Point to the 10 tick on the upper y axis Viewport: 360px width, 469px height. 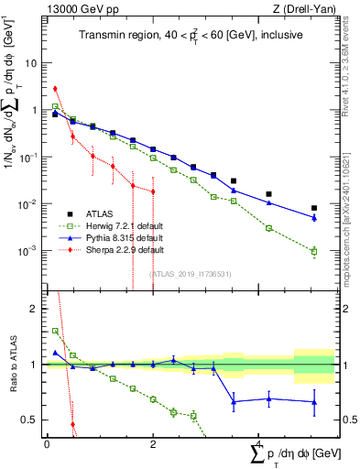32,64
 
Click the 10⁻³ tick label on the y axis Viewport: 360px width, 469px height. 29,250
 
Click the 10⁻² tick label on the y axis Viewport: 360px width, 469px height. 29,203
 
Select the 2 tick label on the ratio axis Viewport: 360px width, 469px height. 36,309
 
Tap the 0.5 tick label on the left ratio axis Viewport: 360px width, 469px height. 32,420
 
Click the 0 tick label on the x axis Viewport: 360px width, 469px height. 47,443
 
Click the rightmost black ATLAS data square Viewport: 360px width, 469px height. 314,208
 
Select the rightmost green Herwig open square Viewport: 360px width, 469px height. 314,251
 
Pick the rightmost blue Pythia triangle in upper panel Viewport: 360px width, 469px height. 314,218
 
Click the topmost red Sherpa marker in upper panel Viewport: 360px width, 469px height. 55,89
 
